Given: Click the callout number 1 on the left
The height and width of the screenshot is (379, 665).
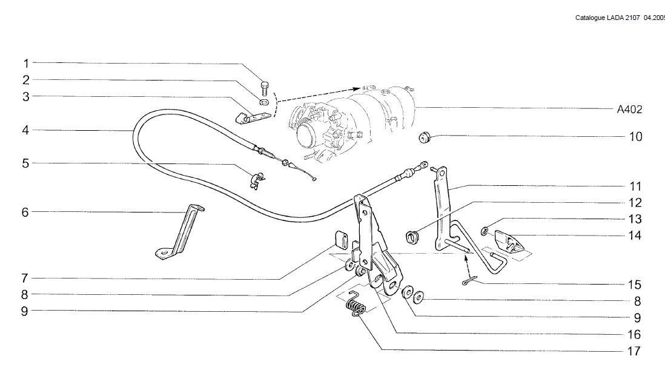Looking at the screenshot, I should (x=26, y=63).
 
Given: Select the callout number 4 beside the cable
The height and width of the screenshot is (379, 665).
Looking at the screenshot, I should (x=26, y=130).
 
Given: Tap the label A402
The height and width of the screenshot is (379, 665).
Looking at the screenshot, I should (x=629, y=110).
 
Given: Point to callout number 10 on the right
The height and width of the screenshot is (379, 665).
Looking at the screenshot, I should (x=635, y=137).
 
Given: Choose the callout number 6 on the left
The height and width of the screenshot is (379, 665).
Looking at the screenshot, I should (x=26, y=213).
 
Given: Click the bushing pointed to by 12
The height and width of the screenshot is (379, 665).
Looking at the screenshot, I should (x=412, y=236).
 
